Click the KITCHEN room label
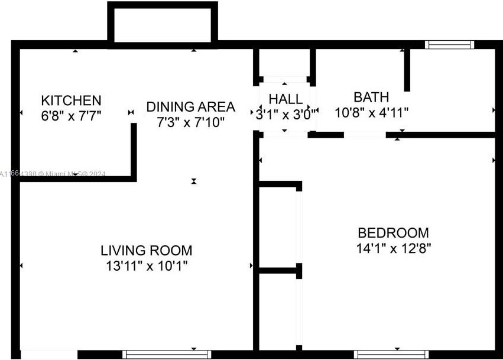click(x=71, y=100)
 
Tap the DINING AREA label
click(x=191, y=107)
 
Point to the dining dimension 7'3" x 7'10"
click(x=191, y=122)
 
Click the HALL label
click(x=285, y=99)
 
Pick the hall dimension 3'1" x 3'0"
click(x=284, y=114)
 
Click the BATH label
click(x=371, y=97)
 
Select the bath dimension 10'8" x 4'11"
click(x=371, y=112)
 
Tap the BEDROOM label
click(x=393, y=232)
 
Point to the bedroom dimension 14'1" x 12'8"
click(x=393, y=248)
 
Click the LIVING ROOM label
click(x=146, y=251)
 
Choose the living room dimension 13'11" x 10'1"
click(x=146, y=266)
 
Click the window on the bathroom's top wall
click(x=450, y=44)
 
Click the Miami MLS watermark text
click(x=53, y=174)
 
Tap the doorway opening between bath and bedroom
click(x=365, y=135)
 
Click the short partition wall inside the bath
click(x=407, y=70)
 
